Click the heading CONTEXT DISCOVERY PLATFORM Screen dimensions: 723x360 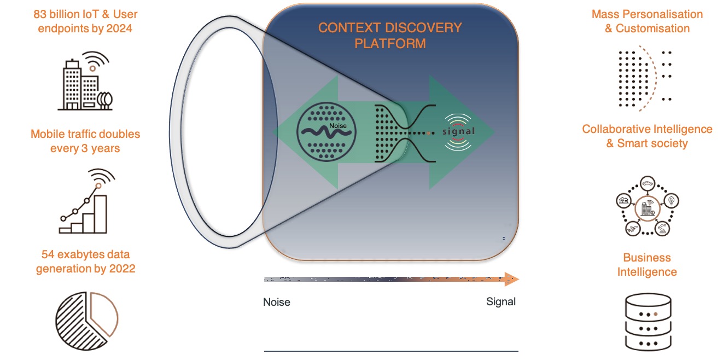pyautogui.click(x=390, y=36)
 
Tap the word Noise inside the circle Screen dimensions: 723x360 pyautogui.click(x=337, y=126)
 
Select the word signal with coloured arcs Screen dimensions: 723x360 pyautogui.click(x=458, y=131)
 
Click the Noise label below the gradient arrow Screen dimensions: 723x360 pyautogui.click(x=277, y=302)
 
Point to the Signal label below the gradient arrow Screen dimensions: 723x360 pyautogui.click(x=500, y=301)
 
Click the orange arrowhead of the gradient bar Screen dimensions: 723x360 pyautogui.click(x=511, y=279)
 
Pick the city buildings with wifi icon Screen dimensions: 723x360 pyautogui.click(x=85, y=81)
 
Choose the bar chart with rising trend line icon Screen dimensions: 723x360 pyautogui.click(x=86, y=201)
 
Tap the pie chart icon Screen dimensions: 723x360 pyautogui.click(x=87, y=321)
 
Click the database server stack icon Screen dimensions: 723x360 pyautogui.click(x=648, y=322)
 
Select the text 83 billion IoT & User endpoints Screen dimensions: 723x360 pyautogui.click(x=85, y=21)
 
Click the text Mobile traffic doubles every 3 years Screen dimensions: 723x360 pyautogui.click(x=85, y=141)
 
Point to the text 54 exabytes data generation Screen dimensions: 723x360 pyautogui.click(x=85, y=262)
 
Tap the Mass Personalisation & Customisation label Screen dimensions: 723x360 pyautogui.click(x=647, y=21)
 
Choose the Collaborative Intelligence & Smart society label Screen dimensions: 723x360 pyautogui.click(x=647, y=136)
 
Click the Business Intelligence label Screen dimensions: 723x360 pyautogui.click(x=647, y=265)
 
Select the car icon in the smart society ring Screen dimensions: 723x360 pyautogui.click(x=648, y=184)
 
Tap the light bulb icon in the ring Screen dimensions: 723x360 pyautogui.click(x=672, y=201)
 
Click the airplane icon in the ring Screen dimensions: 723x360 pyautogui.click(x=633, y=229)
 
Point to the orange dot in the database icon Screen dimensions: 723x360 pyautogui.click(x=656, y=314)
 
